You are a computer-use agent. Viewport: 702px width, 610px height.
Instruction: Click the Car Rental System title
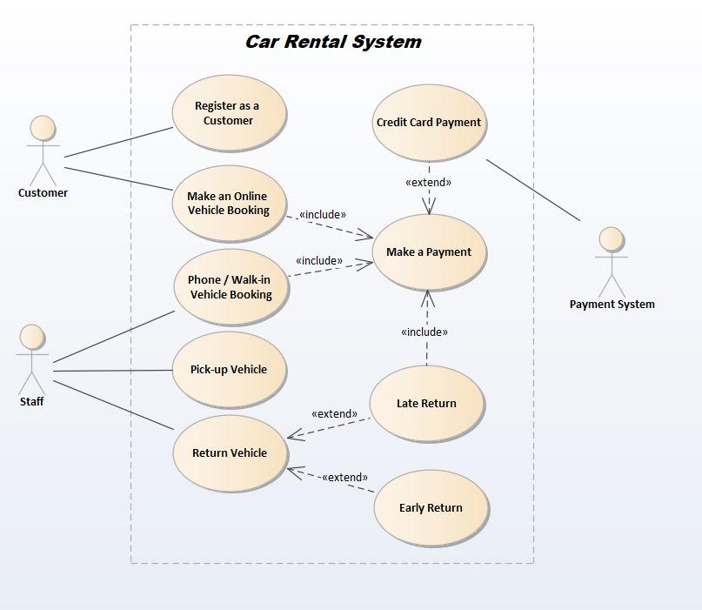[332, 42]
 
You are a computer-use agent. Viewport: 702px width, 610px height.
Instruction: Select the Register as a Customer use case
[228, 114]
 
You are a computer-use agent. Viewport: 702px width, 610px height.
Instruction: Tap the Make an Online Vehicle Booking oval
[229, 204]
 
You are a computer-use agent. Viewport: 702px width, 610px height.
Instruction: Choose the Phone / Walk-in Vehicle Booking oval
[231, 287]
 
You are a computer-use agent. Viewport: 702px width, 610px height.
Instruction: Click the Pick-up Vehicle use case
[229, 370]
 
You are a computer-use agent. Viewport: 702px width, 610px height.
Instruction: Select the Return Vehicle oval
[230, 453]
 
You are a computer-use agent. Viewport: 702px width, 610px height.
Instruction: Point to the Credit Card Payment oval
[429, 123]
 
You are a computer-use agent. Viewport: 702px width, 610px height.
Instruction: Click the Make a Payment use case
[428, 252]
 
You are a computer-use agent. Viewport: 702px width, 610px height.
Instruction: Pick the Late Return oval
[426, 404]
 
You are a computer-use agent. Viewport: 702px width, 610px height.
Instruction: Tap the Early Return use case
[431, 508]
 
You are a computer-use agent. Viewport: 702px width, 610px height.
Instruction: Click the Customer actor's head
[42, 128]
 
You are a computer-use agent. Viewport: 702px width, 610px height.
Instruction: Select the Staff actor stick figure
[32, 359]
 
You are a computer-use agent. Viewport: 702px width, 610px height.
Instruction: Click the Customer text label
[43, 193]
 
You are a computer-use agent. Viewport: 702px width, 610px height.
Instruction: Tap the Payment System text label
[612, 305]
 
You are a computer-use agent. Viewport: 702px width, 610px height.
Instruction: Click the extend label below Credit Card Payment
[428, 183]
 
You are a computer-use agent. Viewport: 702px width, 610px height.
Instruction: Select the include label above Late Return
[425, 332]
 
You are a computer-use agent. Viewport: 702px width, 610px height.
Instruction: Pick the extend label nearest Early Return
[344, 478]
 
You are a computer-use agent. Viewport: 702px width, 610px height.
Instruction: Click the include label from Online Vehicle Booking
[322, 215]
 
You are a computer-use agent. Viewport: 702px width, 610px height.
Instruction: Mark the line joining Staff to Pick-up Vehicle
[113, 372]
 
